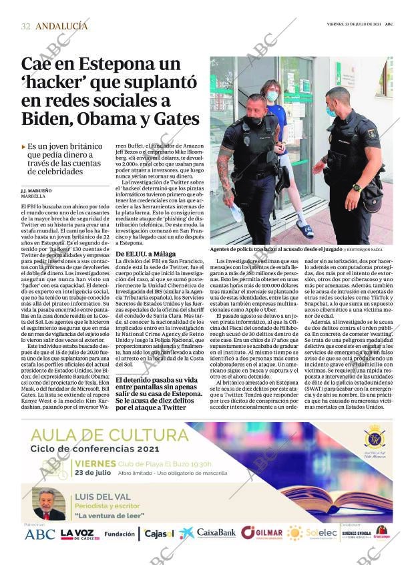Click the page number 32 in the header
25,26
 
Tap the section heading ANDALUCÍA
61,26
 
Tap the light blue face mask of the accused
272,96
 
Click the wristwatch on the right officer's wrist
357,188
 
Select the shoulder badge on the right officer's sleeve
372,133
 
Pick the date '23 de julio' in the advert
93,472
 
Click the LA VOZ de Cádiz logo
79,534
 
